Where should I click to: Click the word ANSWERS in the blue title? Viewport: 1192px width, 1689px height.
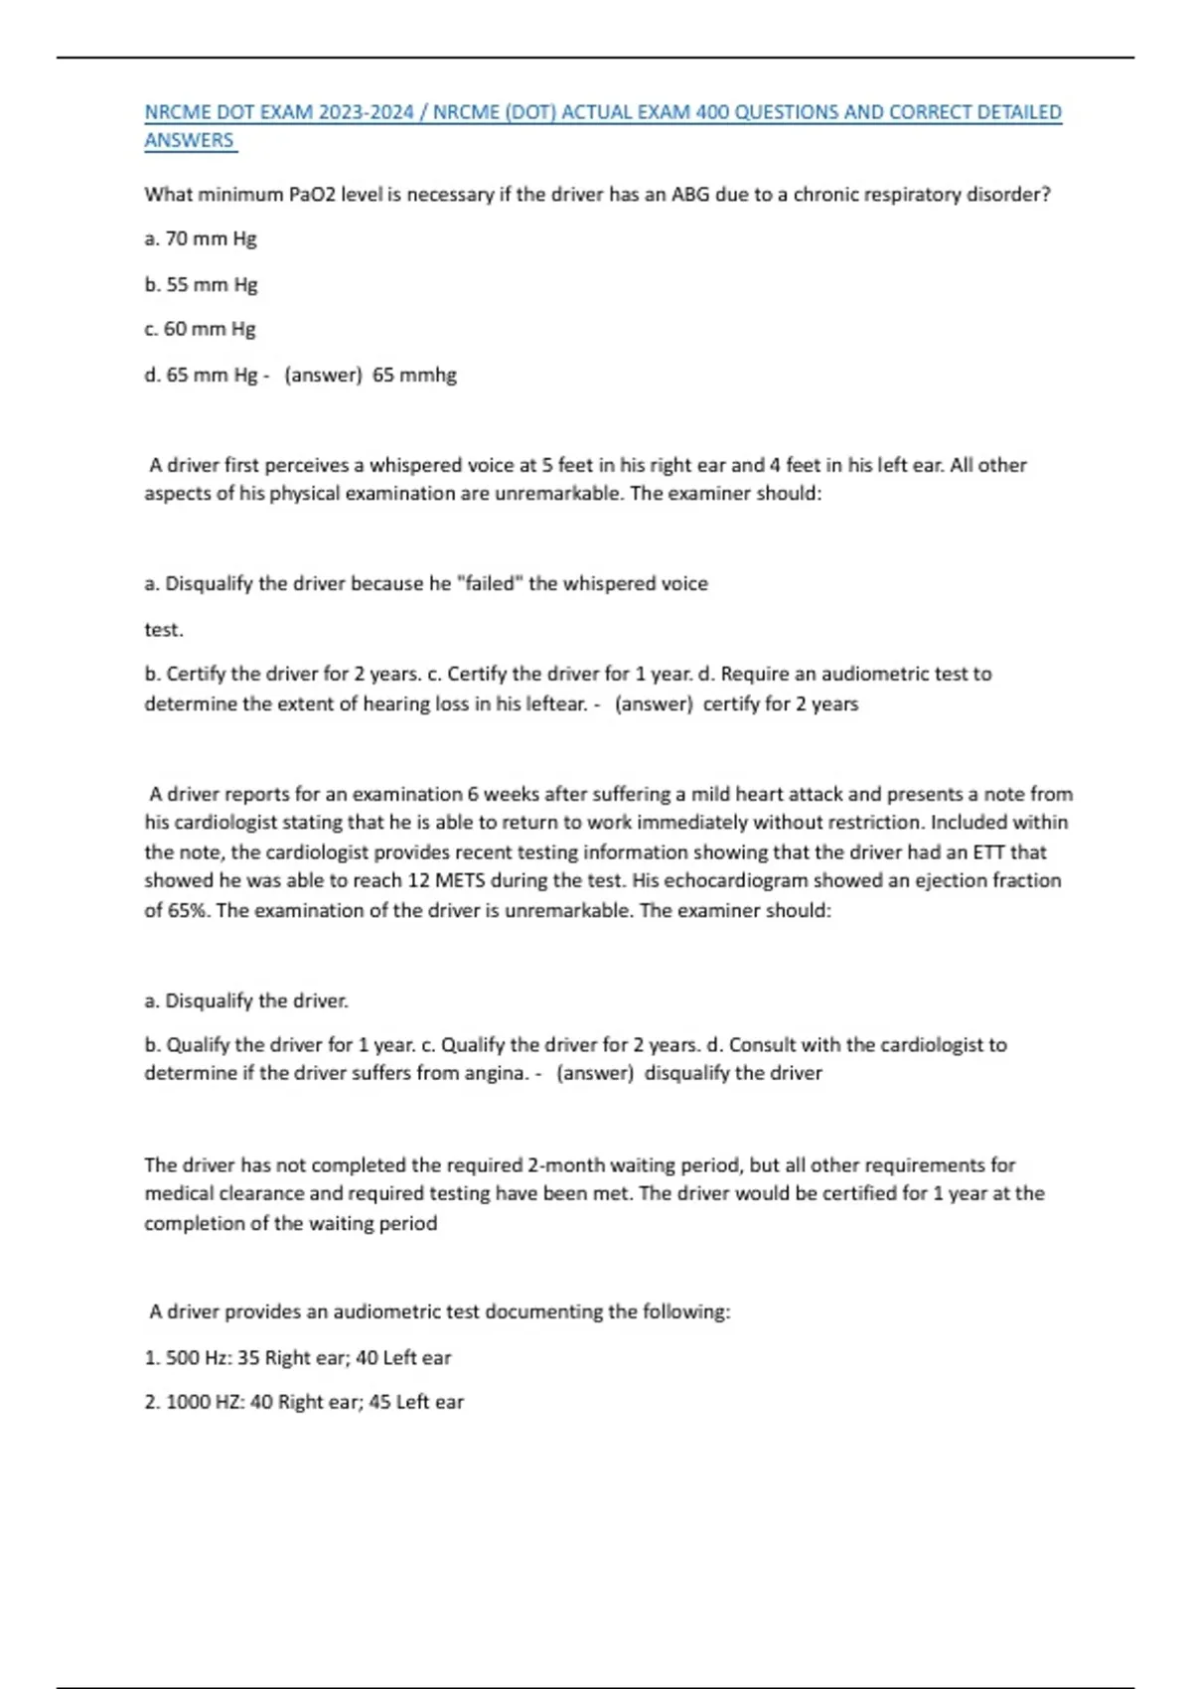(x=189, y=141)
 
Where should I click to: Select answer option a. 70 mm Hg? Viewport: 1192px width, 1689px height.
(x=201, y=238)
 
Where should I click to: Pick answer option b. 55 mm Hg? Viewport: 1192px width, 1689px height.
(x=201, y=284)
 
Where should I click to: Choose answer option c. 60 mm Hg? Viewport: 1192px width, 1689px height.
(x=200, y=329)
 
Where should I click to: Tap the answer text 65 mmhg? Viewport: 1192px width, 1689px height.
(x=414, y=375)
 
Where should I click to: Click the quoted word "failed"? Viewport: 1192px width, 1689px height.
(x=489, y=583)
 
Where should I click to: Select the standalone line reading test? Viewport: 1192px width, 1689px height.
(x=164, y=629)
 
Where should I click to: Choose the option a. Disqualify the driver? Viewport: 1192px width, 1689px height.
(x=246, y=1000)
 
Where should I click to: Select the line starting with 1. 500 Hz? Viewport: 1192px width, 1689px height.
(x=298, y=1357)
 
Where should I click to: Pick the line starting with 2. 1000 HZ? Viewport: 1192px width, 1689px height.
(x=304, y=1402)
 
